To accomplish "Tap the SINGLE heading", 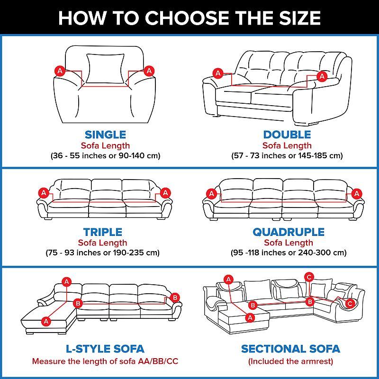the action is coord(105,135).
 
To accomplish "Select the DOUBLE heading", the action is coord(287,135).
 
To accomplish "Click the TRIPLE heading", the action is coord(103,232).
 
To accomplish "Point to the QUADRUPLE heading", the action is coord(289,232).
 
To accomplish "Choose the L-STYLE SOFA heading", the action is coord(105,349).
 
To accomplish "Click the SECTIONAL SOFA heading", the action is coord(290,349).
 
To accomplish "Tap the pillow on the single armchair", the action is coord(105,69).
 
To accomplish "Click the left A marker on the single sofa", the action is coord(60,71).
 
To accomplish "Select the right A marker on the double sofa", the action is coord(322,76).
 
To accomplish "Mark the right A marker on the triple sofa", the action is coord(165,193).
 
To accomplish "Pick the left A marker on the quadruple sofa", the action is coord(212,194).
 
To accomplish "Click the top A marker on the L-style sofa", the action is coord(67,281).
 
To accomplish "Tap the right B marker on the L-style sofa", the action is coord(175,298).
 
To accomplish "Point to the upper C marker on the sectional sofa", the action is coord(309,277).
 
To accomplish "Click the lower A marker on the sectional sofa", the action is coord(250,317).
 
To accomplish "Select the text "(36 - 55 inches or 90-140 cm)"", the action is coord(105,155).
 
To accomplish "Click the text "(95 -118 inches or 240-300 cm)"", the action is coord(289,253).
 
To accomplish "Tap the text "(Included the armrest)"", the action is coord(290,361).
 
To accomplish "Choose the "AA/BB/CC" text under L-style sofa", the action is coord(158,361).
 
